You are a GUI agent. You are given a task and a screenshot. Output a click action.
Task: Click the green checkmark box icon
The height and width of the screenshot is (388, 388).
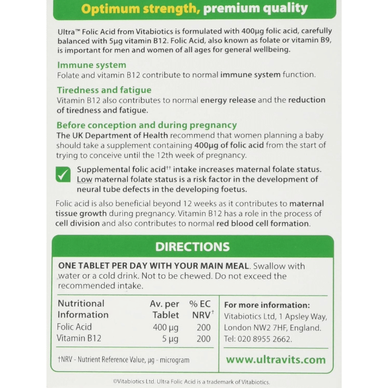tap(63, 174)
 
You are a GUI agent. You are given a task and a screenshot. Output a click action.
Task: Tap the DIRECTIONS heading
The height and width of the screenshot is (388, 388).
tap(192, 246)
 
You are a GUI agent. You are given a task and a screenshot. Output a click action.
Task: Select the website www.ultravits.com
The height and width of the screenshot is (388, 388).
tap(275, 359)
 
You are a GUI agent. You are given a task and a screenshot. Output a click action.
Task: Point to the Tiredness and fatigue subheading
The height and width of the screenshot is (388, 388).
tap(104, 90)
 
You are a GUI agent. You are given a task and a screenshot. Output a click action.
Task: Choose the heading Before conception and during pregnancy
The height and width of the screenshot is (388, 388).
tap(147, 125)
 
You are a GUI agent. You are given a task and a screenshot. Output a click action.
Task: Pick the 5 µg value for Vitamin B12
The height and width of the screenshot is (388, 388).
tap(169, 338)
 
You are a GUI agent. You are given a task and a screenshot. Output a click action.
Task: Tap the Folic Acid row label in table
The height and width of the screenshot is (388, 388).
tap(75, 327)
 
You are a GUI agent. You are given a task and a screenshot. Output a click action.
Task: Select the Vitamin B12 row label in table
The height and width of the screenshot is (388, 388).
tap(79, 338)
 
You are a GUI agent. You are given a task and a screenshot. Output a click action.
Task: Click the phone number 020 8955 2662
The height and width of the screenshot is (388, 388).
tap(265, 339)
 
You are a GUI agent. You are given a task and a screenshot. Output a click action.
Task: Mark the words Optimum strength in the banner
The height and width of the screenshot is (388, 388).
tap(121, 9)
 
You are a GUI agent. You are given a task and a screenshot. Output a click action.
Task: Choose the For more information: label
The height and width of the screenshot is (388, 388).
tap(266, 305)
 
